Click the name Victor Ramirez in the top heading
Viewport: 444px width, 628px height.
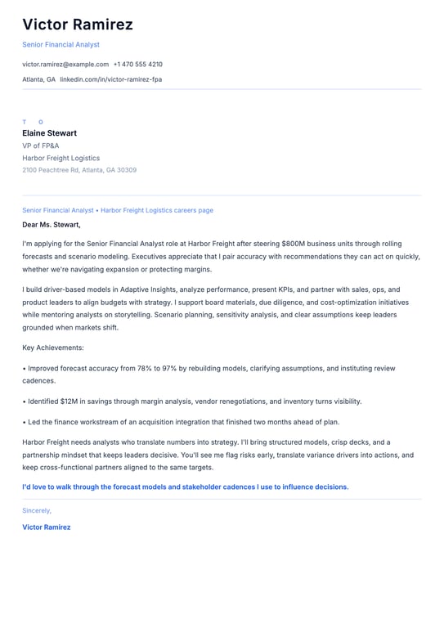point(78,25)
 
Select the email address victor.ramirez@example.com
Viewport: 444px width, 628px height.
point(65,64)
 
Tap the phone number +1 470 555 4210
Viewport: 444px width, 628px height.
point(137,64)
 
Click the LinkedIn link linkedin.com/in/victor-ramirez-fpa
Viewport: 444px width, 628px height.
point(110,79)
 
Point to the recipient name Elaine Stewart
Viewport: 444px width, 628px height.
point(49,133)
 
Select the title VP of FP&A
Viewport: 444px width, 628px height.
point(41,146)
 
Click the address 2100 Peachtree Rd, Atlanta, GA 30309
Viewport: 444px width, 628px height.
point(79,170)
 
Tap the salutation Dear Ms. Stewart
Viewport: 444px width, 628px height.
point(52,224)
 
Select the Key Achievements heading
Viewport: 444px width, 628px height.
point(53,348)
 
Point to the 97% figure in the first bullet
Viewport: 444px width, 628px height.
point(171,369)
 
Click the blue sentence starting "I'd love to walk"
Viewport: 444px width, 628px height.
point(185,487)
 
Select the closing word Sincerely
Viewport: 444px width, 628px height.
point(37,510)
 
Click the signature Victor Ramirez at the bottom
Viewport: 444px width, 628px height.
point(47,527)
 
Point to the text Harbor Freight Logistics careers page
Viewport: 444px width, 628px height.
point(157,210)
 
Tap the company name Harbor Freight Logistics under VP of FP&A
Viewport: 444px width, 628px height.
point(61,158)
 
